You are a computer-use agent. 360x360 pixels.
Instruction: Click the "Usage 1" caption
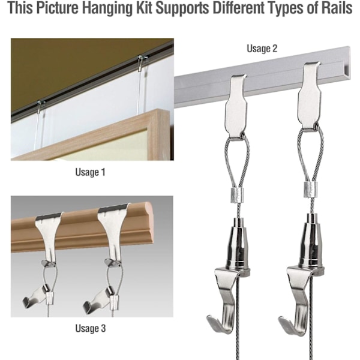tap(90, 172)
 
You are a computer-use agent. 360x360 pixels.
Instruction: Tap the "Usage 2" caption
tap(262, 49)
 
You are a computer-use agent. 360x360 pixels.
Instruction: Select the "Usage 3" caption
tap(91, 328)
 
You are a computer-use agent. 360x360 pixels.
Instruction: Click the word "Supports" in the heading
tap(182, 9)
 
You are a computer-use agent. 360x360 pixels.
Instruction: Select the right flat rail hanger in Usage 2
tap(309, 97)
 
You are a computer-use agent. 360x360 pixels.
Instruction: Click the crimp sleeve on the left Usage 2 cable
tap(236, 196)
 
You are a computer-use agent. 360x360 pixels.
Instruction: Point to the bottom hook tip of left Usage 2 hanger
tap(208, 317)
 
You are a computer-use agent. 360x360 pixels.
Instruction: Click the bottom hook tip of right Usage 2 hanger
tap(280, 319)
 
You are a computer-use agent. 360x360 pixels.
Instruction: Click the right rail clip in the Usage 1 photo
tap(140, 60)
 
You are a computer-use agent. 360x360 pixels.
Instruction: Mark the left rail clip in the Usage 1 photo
tap(41, 104)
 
